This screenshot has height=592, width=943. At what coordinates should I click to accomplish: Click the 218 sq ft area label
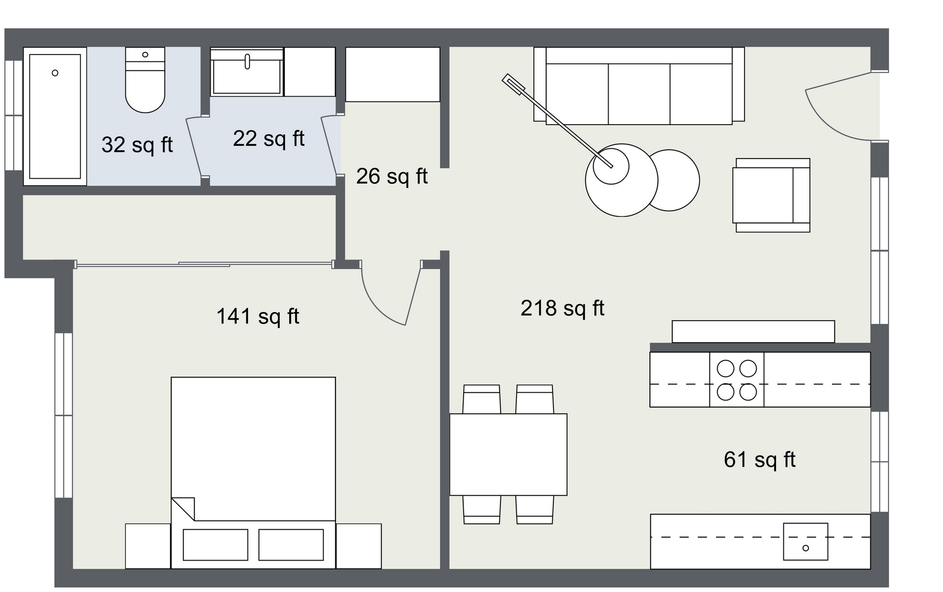562,309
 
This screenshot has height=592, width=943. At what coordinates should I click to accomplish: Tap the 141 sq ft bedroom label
258,317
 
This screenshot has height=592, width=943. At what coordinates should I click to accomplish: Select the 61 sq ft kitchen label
759,460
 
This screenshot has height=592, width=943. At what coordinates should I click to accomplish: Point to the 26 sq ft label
392,177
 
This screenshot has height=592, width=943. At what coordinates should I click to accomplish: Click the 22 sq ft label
269,139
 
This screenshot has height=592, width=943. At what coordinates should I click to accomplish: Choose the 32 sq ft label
137,145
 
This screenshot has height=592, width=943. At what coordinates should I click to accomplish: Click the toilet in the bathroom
145,80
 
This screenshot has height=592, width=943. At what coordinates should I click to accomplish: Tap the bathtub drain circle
55,73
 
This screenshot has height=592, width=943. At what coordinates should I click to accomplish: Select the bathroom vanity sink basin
247,72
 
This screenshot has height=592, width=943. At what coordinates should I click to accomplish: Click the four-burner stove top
737,380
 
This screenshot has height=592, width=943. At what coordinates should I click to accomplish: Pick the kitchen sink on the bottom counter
805,541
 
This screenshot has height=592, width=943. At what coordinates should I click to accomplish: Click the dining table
508,455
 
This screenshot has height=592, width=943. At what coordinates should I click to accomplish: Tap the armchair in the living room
771,195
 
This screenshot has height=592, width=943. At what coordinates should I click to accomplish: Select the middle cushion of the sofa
639,94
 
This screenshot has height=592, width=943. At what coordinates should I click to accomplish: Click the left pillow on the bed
216,544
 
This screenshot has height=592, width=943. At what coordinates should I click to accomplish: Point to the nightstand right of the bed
359,546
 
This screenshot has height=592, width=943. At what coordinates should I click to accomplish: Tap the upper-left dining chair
482,399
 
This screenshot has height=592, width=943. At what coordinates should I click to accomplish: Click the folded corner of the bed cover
182,509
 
